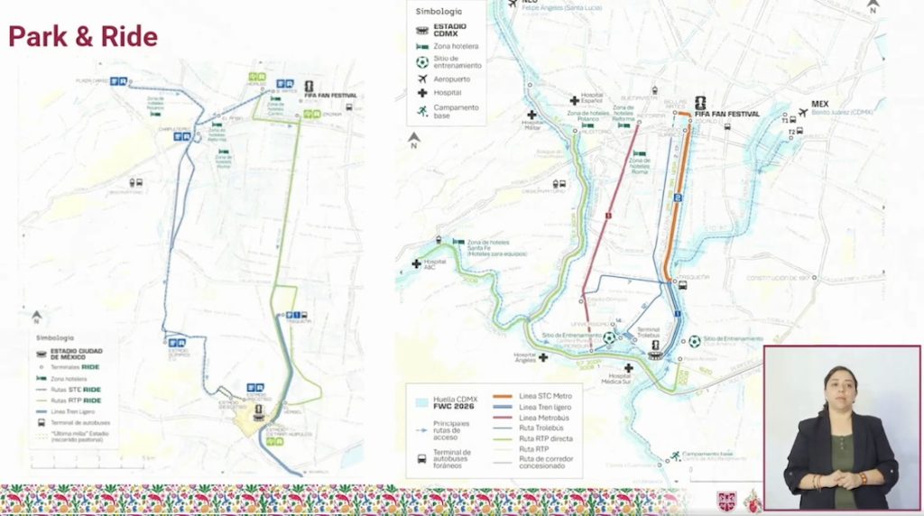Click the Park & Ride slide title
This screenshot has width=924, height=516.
83,37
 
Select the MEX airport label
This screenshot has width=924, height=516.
819,105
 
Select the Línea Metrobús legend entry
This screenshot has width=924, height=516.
543,417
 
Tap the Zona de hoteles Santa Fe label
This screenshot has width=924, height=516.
489,244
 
